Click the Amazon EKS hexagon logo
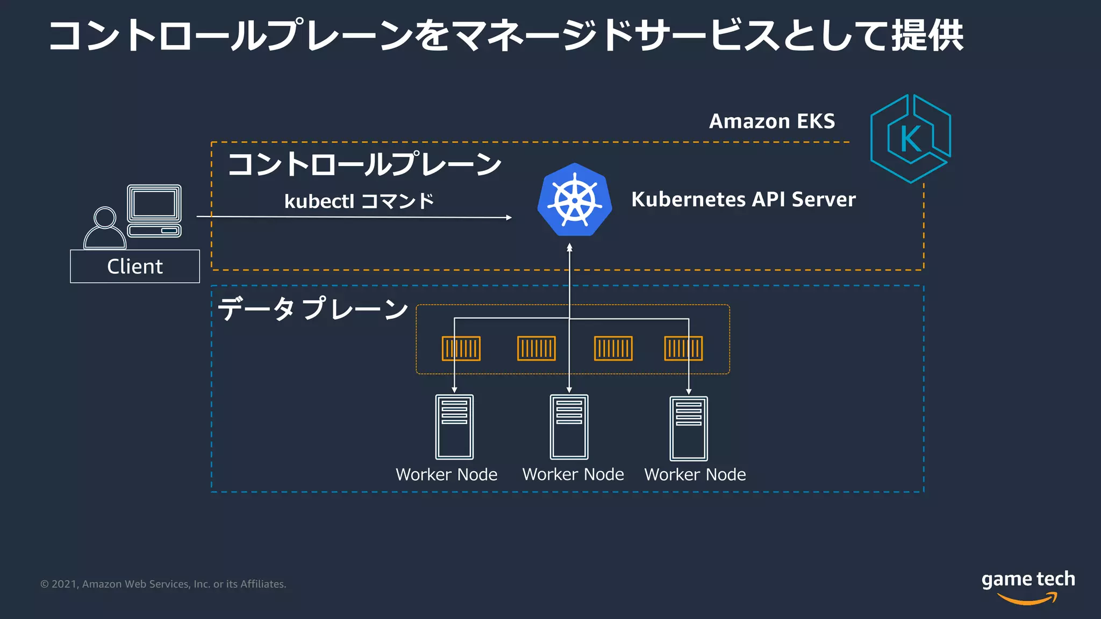pos(910,139)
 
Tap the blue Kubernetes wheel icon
pos(574,200)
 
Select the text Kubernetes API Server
pos(743,199)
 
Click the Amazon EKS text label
pos(771,121)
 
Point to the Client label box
pos(135,267)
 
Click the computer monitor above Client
pos(154,204)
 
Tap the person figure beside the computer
pos(104,229)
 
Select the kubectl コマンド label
pos(359,201)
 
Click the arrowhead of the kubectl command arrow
pos(509,218)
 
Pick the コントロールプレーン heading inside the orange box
pos(364,164)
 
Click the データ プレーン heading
pos(313,309)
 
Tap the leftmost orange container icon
pos(461,348)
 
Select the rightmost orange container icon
pos(683,348)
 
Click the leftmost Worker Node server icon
pos(454,427)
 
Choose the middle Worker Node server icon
pos(569,427)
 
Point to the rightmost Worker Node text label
pos(695,474)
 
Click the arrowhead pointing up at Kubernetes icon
pos(569,247)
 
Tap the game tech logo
pos(1028,586)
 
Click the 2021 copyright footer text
pos(163,584)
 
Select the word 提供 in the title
pos(927,37)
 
